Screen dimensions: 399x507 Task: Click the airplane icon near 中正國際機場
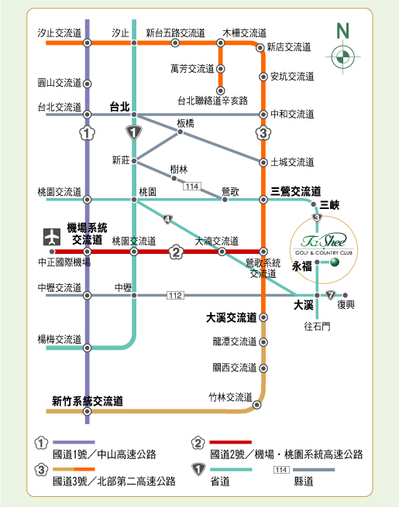tap(52, 237)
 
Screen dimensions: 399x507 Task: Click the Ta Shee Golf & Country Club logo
tap(324, 244)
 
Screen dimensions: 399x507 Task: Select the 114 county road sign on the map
tap(192, 187)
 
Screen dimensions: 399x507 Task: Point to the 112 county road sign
tap(175, 295)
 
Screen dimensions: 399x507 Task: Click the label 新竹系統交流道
tap(88, 401)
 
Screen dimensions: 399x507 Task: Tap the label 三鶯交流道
tap(295, 191)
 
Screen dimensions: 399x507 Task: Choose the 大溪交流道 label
tap(231, 317)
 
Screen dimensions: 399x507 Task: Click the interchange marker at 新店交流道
tap(260, 48)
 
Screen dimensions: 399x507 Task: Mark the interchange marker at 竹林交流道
tap(256, 405)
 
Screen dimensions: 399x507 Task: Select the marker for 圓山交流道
tap(87, 84)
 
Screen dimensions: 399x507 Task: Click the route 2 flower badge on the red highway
tap(176, 252)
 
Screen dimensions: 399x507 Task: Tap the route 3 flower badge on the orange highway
tap(263, 133)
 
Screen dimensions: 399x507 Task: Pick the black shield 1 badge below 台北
tap(134, 132)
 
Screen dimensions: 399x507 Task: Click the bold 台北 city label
tap(120, 107)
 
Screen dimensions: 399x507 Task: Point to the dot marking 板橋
tap(181, 132)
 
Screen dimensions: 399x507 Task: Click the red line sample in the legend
tap(230, 442)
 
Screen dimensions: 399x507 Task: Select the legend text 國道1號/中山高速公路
tap(104, 454)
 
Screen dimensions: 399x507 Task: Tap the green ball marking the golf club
tap(335, 262)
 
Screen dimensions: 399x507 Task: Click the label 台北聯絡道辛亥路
tap(212, 101)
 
